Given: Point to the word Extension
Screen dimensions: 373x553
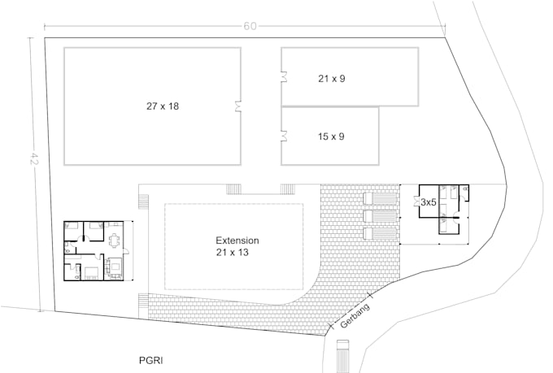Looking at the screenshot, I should [237, 241].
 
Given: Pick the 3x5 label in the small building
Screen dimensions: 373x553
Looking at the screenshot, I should [429, 203].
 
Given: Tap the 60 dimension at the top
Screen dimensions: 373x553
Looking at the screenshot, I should [250, 27].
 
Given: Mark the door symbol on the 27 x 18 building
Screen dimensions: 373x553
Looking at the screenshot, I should [238, 106].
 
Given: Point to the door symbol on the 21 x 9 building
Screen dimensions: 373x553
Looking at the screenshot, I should [285, 78].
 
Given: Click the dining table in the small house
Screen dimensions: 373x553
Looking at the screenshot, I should [115, 241].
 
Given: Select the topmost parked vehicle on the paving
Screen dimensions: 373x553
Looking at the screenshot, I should [379, 200].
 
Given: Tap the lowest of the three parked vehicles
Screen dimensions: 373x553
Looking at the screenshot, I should [379, 234].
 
